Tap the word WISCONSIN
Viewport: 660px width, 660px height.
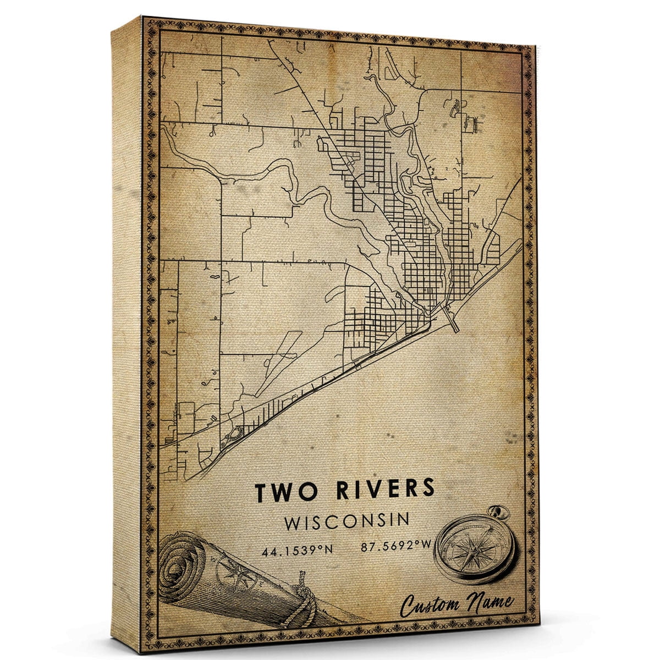click(346, 521)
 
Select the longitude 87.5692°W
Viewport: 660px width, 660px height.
click(390, 547)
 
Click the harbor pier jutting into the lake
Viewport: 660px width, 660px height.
click(452, 320)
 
